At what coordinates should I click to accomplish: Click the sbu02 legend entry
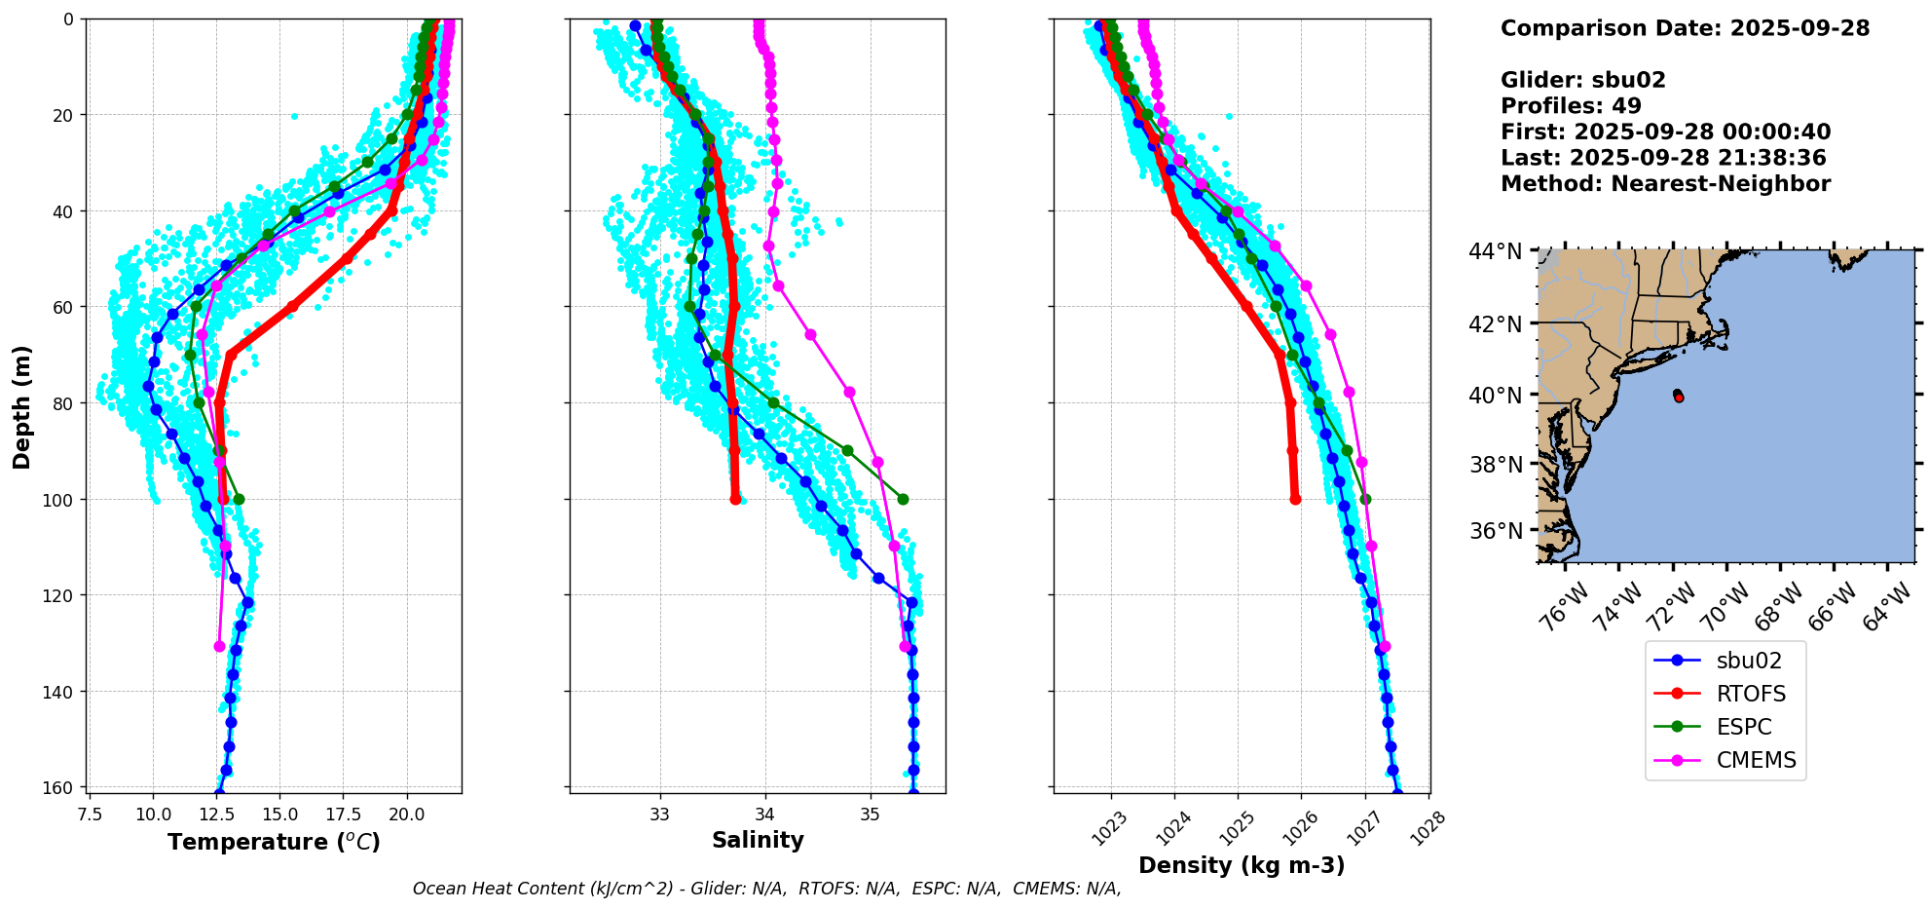(1748, 661)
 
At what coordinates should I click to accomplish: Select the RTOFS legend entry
(1750, 694)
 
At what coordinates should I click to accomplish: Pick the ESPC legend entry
(1743, 727)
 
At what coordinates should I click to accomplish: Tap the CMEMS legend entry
(1755, 760)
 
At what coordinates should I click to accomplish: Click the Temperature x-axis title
(274, 842)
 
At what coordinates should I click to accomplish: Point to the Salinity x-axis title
(758, 840)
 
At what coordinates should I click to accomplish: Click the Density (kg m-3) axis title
(1242, 865)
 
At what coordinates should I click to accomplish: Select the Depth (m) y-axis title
(22, 406)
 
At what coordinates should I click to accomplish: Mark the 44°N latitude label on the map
(1495, 251)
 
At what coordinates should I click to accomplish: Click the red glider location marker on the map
(1679, 398)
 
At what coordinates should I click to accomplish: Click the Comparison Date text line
(1685, 28)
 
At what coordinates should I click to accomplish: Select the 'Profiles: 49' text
(1571, 106)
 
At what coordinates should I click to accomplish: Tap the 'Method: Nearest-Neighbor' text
(1665, 183)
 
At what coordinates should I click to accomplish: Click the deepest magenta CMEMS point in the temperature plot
(219, 646)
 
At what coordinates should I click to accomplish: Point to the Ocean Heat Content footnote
(766, 889)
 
